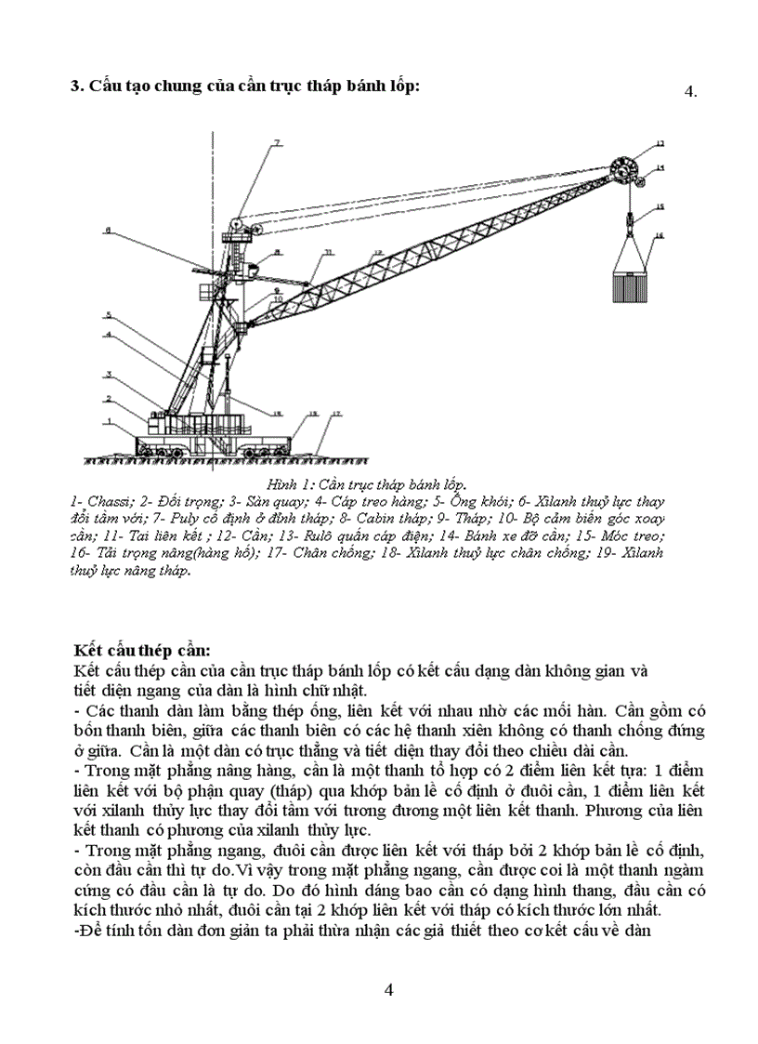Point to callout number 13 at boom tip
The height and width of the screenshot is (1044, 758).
point(660,144)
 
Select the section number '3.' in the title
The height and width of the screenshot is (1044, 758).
point(79,86)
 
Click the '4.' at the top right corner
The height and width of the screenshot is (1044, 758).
point(689,91)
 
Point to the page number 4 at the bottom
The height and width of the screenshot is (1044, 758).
point(389,989)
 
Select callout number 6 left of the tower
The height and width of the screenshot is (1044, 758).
point(109,230)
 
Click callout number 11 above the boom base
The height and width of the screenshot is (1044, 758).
point(327,253)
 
